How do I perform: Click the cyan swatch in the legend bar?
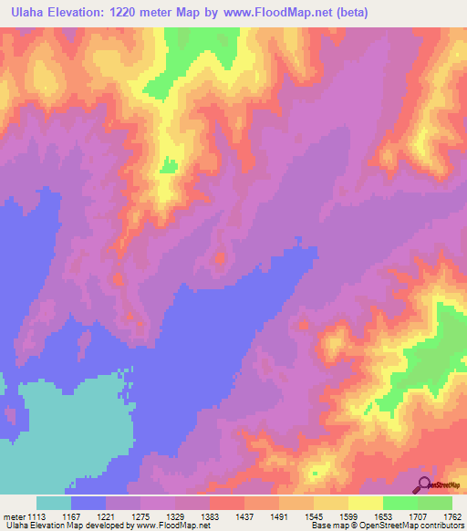[54, 503]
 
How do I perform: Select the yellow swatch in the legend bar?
[366, 503]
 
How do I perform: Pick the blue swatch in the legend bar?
[88, 503]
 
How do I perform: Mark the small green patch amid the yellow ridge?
[169, 165]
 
